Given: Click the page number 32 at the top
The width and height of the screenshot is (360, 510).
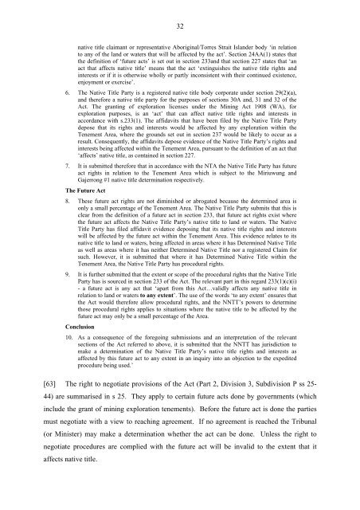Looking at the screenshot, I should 179,24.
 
